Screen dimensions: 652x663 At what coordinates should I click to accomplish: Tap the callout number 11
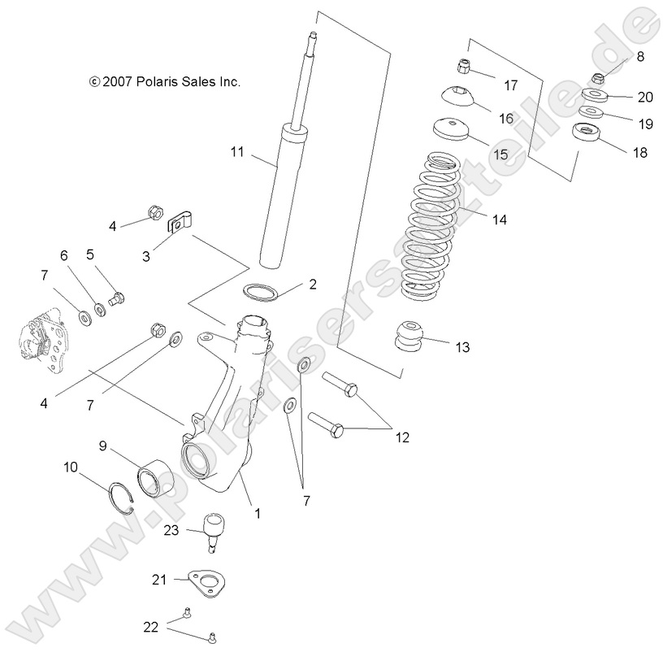coord(237,151)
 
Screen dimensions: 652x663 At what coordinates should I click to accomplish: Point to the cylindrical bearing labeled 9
coord(154,477)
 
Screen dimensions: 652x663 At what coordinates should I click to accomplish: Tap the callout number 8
coord(639,56)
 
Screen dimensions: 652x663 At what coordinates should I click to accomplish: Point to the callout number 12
coord(402,437)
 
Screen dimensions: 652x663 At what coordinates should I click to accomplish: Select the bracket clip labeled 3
coord(180,222)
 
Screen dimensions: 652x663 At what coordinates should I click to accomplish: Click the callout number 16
coord(505,118)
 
